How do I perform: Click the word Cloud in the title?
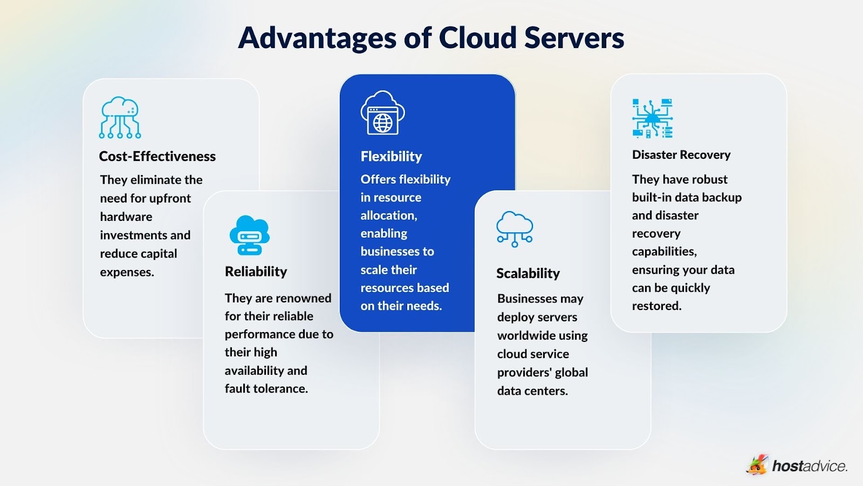click(477, 38)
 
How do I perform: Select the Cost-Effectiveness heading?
click(157, 157)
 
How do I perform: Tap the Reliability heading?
click(256, 272)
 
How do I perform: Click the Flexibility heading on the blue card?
click(391, 157)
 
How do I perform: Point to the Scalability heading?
click(528, 274)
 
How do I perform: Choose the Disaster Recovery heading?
click(681, 155)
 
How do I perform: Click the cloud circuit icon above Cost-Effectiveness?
click(120, 118)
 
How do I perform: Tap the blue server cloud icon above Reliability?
click(249, 235)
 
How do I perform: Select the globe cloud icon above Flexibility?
click(382, 113)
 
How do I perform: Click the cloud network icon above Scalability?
click(515, 229)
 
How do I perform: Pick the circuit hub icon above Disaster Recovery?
click(652, 118)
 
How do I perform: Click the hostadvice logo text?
click(809, 466)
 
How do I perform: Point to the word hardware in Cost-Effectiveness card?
click(126, 217)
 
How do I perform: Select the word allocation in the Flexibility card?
click(388, 215)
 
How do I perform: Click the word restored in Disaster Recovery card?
click(656, 306)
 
